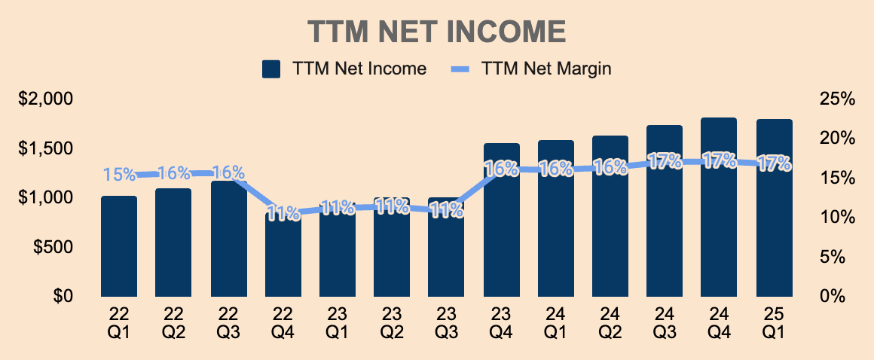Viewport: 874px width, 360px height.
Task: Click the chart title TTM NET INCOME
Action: (437, 32)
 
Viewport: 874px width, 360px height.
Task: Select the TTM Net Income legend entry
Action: (345, 69)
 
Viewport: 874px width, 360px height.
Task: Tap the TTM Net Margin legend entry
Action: (532, 69)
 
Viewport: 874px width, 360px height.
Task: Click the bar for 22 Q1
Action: (119, 249)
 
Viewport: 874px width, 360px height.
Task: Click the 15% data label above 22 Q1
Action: (119, 175)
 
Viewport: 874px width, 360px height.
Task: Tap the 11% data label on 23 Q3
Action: (447, 212)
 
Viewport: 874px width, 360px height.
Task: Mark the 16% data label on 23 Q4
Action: (502, 169)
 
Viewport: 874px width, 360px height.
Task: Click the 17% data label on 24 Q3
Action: (665, 162)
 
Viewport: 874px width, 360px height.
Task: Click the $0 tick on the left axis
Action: (63, 296)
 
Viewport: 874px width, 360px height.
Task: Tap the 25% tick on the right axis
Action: (837, 99)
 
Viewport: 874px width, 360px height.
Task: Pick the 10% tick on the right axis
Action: (837, 218)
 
